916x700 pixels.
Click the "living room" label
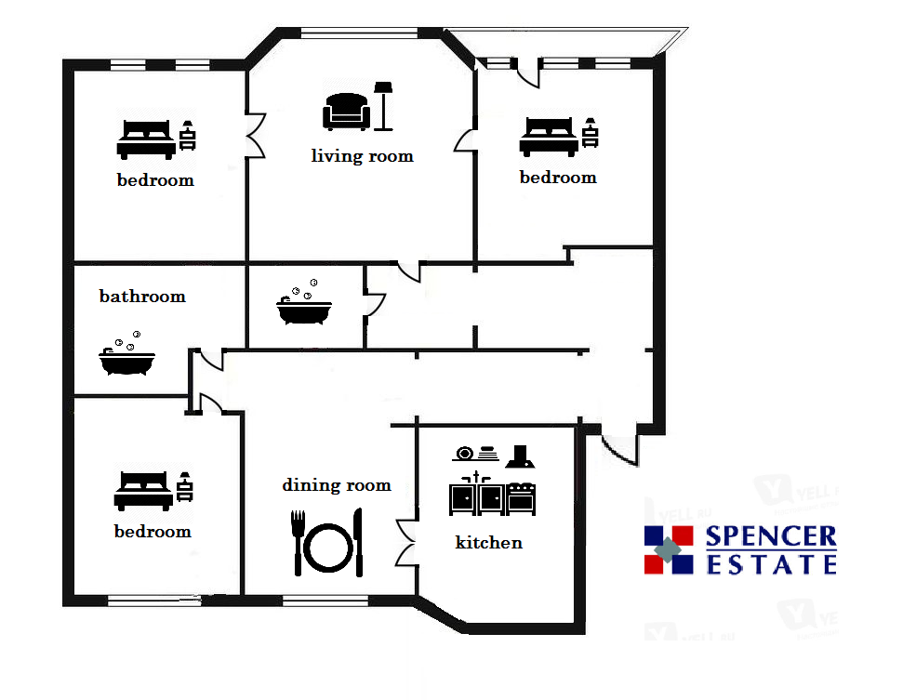click(x=362, y=156)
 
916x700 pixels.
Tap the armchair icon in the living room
click(x=347, y=111)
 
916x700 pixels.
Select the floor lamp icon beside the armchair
click(x=383, y=106)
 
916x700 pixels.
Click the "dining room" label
click(x=337, y=485)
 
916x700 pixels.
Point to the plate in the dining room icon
click(x=327, y=548)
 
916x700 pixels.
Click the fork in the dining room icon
click(x=298, y=543)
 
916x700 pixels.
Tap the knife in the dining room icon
click(x=358, y=542)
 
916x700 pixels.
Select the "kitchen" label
click(x=489, y=542)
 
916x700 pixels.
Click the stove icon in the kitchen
click(x=521, y=498)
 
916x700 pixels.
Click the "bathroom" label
click(x=142, y=296)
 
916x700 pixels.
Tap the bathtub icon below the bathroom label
click(x=126, y=353)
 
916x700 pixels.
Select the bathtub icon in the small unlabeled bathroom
click(x=304, y=302)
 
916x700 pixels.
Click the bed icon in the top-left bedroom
click(x=146, y=139)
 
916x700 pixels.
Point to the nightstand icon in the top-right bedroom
click(x=590, y=133)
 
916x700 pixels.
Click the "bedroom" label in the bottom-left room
click(x=153, y=532)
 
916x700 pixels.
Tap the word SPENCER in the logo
click(x=771, y=536)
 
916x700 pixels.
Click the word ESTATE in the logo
click(x=771, y=564)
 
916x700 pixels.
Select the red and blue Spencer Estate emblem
click(x=669, y=550)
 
